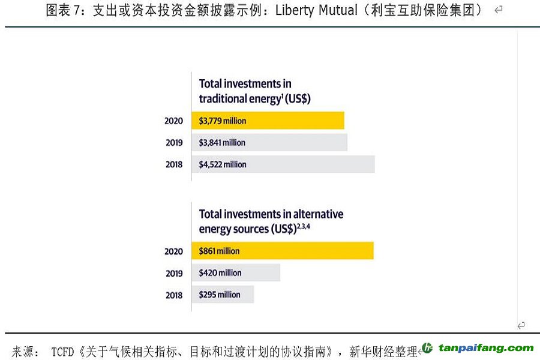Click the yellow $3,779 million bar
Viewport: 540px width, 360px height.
[x=268, y=121]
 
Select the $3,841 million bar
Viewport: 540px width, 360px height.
[x=269, y=143]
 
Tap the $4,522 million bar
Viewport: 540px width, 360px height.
[x=283, y=164]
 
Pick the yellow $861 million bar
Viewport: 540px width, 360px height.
[x=283, y=251]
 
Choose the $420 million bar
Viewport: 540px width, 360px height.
[x=236, y=273]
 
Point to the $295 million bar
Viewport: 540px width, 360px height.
[x=223, y=295]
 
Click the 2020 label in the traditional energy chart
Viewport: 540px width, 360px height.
[x=174, y=121]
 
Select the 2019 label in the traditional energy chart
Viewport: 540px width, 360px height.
[x=174, y=143]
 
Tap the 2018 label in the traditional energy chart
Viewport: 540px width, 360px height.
[x=174, y=164]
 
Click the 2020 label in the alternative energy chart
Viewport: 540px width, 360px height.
[x=174, y=251]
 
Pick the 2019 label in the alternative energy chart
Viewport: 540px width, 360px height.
[x=174, y=273]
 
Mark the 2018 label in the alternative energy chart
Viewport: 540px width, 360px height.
[x=174, y=295]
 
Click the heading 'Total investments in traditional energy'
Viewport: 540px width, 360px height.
[x=254, y=91]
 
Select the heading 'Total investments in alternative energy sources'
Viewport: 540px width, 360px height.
[x=271, y=221]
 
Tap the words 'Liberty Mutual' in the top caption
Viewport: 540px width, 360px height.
[x=316, y=11]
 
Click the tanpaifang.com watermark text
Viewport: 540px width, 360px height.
[x=486, y=348]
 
